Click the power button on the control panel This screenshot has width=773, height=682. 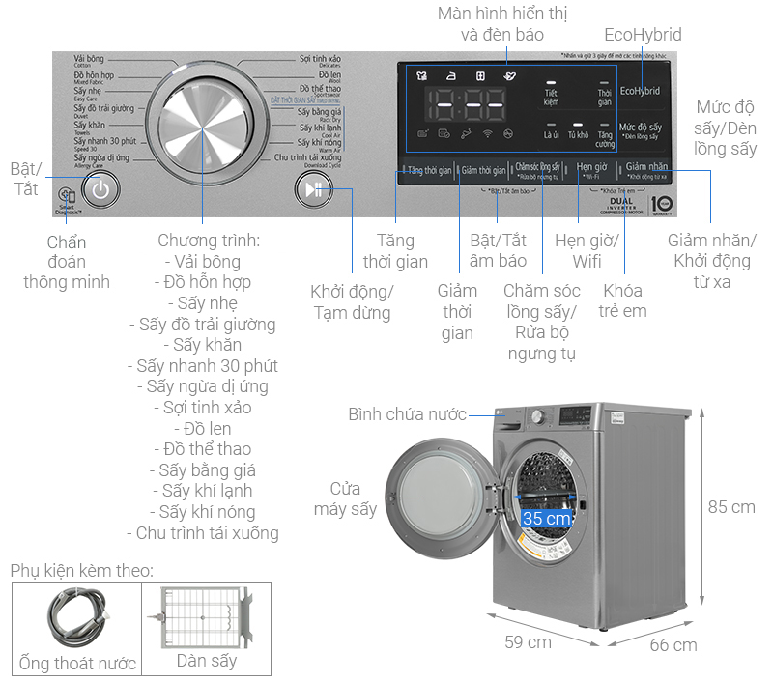(x=105, y=189)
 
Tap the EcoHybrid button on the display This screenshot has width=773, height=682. (x=640, y=91)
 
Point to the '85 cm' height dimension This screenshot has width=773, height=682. (x=730, y=506)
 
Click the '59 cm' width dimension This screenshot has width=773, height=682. (x=528, y=641)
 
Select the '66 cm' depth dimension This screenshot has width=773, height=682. (x=673, y=644)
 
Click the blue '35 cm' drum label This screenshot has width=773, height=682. (x=546, y=518)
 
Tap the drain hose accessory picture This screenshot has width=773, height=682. (x=76, y=619)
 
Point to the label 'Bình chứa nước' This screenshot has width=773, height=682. (x=407, y=414)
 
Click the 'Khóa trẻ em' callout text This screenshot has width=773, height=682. (x=624, y=300)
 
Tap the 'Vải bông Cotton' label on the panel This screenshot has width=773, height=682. (x=90, y=62)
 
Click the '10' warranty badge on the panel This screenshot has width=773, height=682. (x=661, y=205)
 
